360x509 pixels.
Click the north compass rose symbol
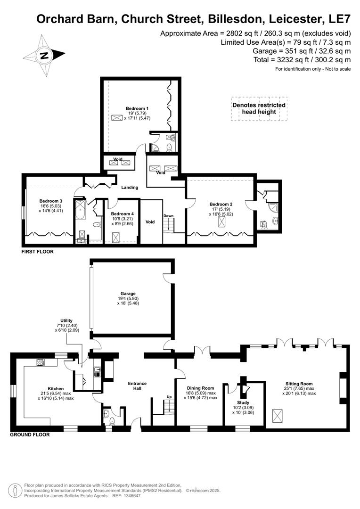point(44,56)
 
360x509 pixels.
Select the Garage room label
point(128,294)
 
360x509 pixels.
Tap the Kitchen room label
point(56,389)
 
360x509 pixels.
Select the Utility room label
point(66,320)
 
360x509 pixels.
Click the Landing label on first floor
point(130,188)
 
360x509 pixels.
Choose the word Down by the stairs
point(168,216)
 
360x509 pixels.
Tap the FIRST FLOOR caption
point(37,252)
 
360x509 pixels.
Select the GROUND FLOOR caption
point(30,435)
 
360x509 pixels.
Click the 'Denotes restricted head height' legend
point(259,108)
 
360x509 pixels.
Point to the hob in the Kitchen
point(41,362)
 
